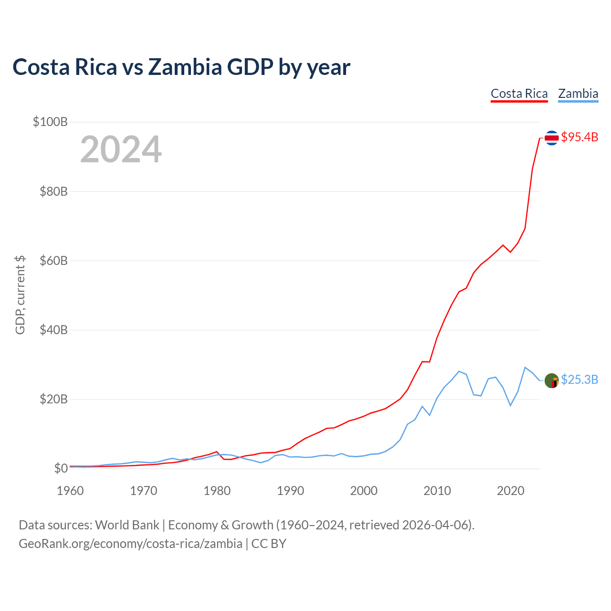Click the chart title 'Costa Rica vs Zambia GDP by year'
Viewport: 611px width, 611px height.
pos(181,67)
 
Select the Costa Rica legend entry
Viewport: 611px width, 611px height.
pos(519,94)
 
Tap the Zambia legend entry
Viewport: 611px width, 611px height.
pos(578,94)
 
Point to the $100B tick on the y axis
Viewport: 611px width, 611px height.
pos(50,122)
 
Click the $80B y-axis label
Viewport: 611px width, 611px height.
pos(53,191)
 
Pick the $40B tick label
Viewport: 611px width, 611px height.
pos(53,330)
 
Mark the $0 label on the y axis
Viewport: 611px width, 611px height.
pos(61,468)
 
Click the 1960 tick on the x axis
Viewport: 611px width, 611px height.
pos(70,491)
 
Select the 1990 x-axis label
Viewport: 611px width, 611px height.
pos(290,491)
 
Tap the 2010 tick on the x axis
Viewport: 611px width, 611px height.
pos(437,491)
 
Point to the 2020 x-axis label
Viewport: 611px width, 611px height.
pos(510,491)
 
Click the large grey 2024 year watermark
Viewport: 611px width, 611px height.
pos(121,149)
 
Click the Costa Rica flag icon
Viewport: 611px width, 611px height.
pos(551,137)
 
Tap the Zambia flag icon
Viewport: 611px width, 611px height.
pos(551,380)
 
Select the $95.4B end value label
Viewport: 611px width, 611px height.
pos(579,137)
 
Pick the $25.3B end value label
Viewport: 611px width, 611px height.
pos(579,379)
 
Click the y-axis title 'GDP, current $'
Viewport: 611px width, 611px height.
pos(20,295)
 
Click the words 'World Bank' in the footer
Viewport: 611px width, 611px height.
pos(127,525)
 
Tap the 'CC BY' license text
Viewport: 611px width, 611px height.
pos(269,544)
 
